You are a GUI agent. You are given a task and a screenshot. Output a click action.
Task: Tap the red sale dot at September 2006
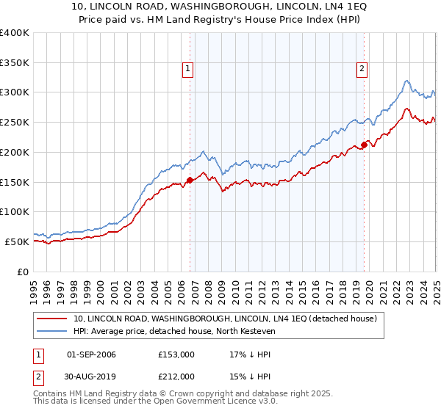(190, 179)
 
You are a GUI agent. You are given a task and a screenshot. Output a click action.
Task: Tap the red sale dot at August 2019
(364, 145)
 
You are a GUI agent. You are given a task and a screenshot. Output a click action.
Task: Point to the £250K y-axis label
(15, 123)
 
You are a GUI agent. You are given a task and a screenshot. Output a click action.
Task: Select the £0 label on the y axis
(23, 272)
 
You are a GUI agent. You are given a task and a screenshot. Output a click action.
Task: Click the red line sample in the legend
(51, 319)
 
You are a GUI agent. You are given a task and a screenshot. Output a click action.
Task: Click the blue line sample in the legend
(51, 332)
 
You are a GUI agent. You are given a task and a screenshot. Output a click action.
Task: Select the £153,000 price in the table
(176, 354)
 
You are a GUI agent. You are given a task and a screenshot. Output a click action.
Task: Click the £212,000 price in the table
(176, 377)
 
